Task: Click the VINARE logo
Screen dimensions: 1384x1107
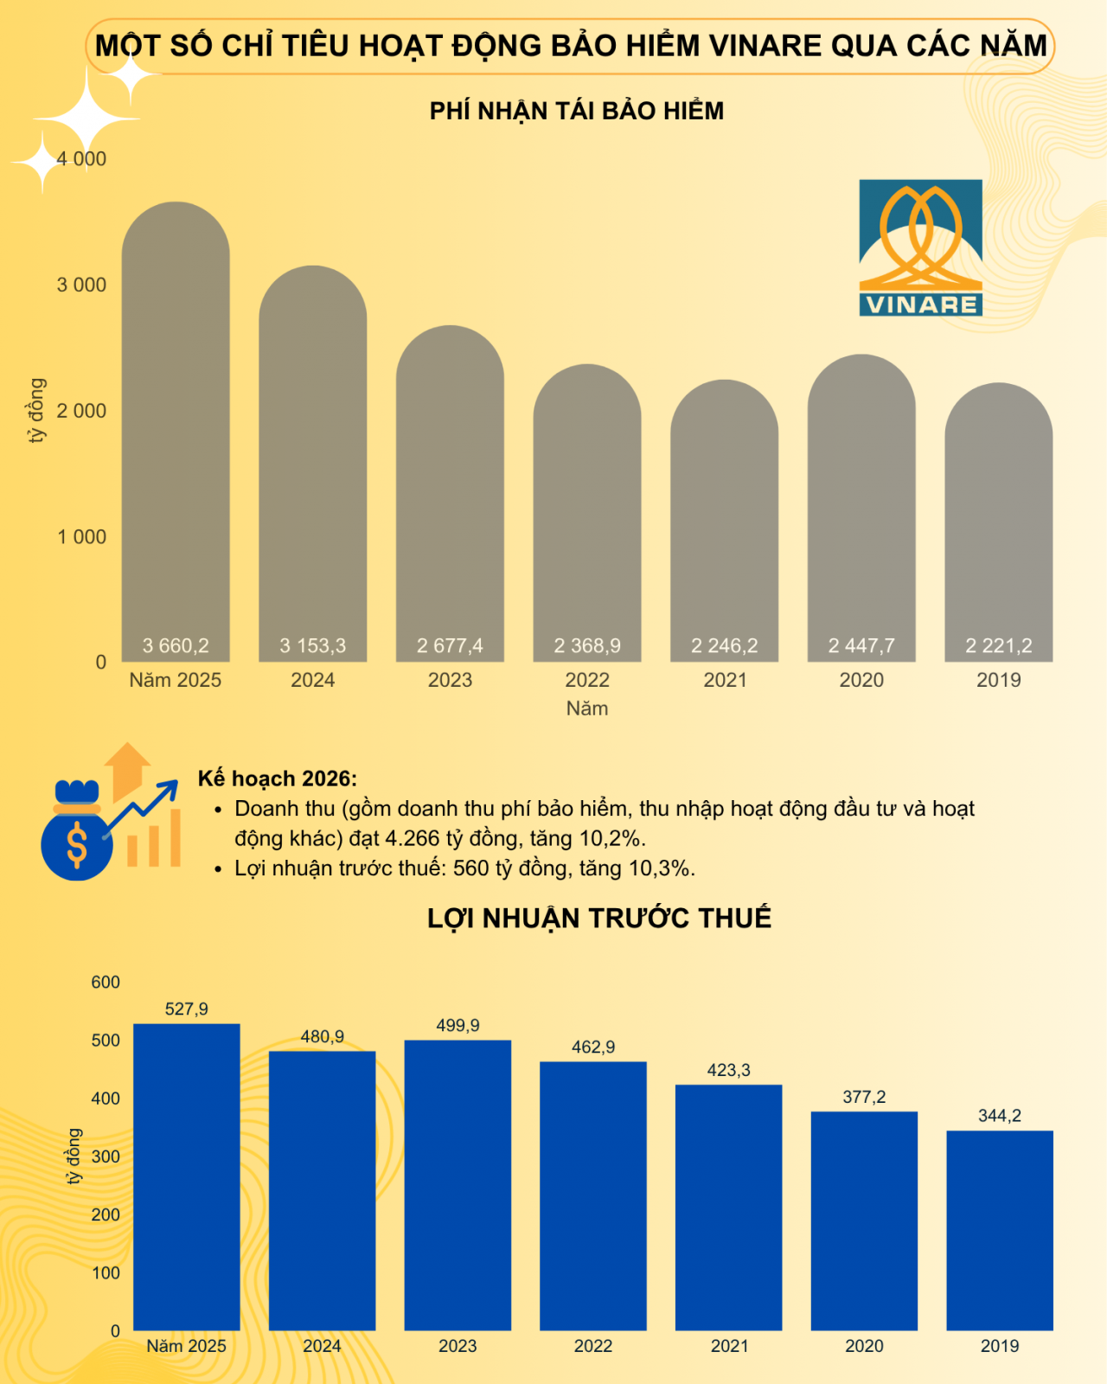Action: point(920,247)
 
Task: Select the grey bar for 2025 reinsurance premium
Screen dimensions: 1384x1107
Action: point(176,432)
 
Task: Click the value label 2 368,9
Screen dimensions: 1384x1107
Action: point(587,646)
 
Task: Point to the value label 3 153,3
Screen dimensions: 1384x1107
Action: point(312,646)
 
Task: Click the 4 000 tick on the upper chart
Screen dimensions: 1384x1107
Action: point(82,159)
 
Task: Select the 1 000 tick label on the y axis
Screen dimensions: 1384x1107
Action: point(82,537)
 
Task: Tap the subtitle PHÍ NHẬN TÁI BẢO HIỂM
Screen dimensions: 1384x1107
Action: point(577,112)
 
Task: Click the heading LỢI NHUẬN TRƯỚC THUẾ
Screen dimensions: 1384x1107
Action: point(598,919)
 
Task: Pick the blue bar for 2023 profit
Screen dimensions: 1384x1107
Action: point(458,1185)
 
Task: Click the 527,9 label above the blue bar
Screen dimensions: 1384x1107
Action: point(187,1009)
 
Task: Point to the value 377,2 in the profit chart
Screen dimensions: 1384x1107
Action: point(864,1097)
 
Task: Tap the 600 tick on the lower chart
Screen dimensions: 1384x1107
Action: point(106,983)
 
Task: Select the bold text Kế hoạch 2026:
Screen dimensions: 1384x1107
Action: point(277,778)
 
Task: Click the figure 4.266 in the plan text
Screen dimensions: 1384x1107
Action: point(412,838)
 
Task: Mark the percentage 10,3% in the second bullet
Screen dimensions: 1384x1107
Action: point(660,868)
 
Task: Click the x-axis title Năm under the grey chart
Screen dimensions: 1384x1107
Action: point(587,708)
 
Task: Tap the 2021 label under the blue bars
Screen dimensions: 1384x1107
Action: point(729,1346)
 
